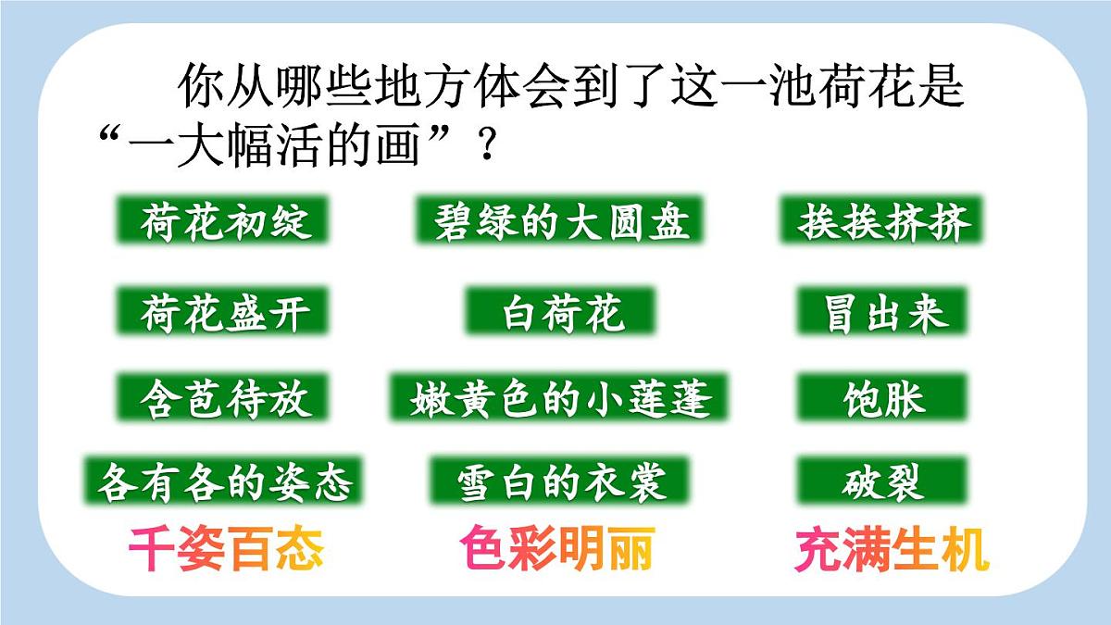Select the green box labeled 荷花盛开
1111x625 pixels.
pyautogui.click(x=225, y=313)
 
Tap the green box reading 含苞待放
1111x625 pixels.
pyautogui.click(x=225, y=399)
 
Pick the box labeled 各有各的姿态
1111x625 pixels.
pyautogui.click(x=225, y=482)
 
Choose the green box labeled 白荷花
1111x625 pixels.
pyautogui.click(x=561, y=313)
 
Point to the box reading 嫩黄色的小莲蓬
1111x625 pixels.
pyautogui.click(x=561, y=399)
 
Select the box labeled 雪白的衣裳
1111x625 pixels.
pyautogui.click(x=561, y=482)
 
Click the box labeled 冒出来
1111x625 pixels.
pyautogui.click(x=883, y=313)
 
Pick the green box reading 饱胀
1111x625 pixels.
pyautogui.click(x=883, y=399)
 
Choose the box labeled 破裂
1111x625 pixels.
pyautogui.click(x=883, y=482)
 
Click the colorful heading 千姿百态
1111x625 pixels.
pyautogui.click(x=226, y=551)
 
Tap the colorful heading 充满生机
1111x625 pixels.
pyautogui.click(x=892, y=551)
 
